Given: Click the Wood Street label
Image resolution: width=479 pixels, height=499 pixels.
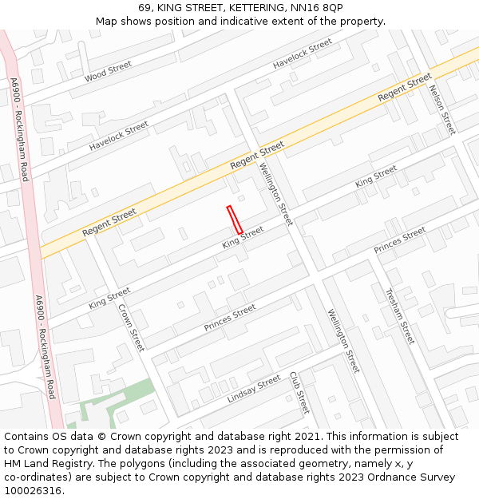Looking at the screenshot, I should click(x=108, y=71).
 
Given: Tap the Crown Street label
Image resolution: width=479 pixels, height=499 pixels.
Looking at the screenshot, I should click(x=131, y=327).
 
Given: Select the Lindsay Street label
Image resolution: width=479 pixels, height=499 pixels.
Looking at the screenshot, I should click(x=254, y=387).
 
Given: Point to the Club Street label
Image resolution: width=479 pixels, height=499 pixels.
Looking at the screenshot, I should click(x=298, y=391).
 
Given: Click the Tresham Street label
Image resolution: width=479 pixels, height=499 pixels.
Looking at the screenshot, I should click(x=400, y=316).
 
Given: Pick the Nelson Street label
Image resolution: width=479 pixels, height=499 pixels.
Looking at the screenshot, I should click(x=441, y=109).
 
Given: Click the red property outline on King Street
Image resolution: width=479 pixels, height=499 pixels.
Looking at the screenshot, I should click(x=235, y=220).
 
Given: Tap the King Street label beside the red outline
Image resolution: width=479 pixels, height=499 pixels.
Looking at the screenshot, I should click(x=243, y=236).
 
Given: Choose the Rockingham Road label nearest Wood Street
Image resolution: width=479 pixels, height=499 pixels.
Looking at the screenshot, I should click(x=19, y=128).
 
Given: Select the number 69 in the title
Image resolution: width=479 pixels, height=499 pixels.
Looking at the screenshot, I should click(x=144, y=7).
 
